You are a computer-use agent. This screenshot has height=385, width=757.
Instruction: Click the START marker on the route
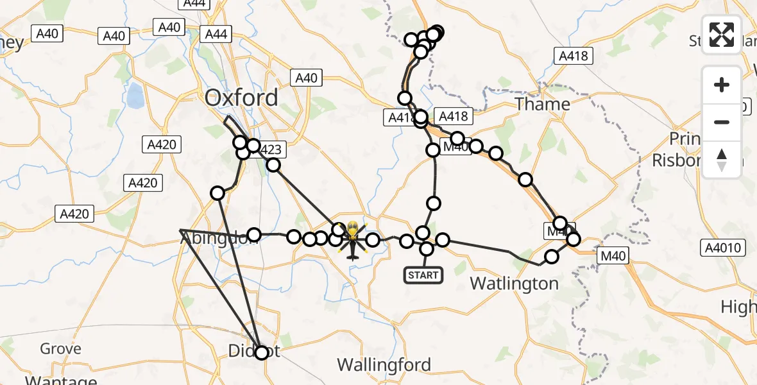click(423, 275)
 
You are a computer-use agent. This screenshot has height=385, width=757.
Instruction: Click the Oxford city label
click(241, 98)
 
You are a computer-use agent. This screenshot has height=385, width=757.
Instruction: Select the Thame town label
click(543, 104)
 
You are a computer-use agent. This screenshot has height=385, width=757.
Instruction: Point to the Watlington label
click(514, 283)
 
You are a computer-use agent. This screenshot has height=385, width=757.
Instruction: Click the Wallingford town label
click(384, 365)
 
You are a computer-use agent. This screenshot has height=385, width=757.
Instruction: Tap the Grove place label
click(60, 348)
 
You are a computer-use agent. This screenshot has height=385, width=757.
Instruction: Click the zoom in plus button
click(722, 85)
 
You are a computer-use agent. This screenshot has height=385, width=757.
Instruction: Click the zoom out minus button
click(722, 122)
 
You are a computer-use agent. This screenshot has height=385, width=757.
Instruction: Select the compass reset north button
click(722, 159)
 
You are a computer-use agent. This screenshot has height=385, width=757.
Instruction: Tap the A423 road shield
click(269, 150)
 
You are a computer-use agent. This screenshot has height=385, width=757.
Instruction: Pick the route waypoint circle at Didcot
click(261, 352)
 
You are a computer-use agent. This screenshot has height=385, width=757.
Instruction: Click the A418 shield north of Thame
click(573, 56)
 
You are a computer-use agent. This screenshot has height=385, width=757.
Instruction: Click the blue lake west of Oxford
click(135, 97)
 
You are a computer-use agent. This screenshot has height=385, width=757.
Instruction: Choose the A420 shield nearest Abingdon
click(75, 214)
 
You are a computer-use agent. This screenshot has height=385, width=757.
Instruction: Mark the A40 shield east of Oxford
click(306, 78)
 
